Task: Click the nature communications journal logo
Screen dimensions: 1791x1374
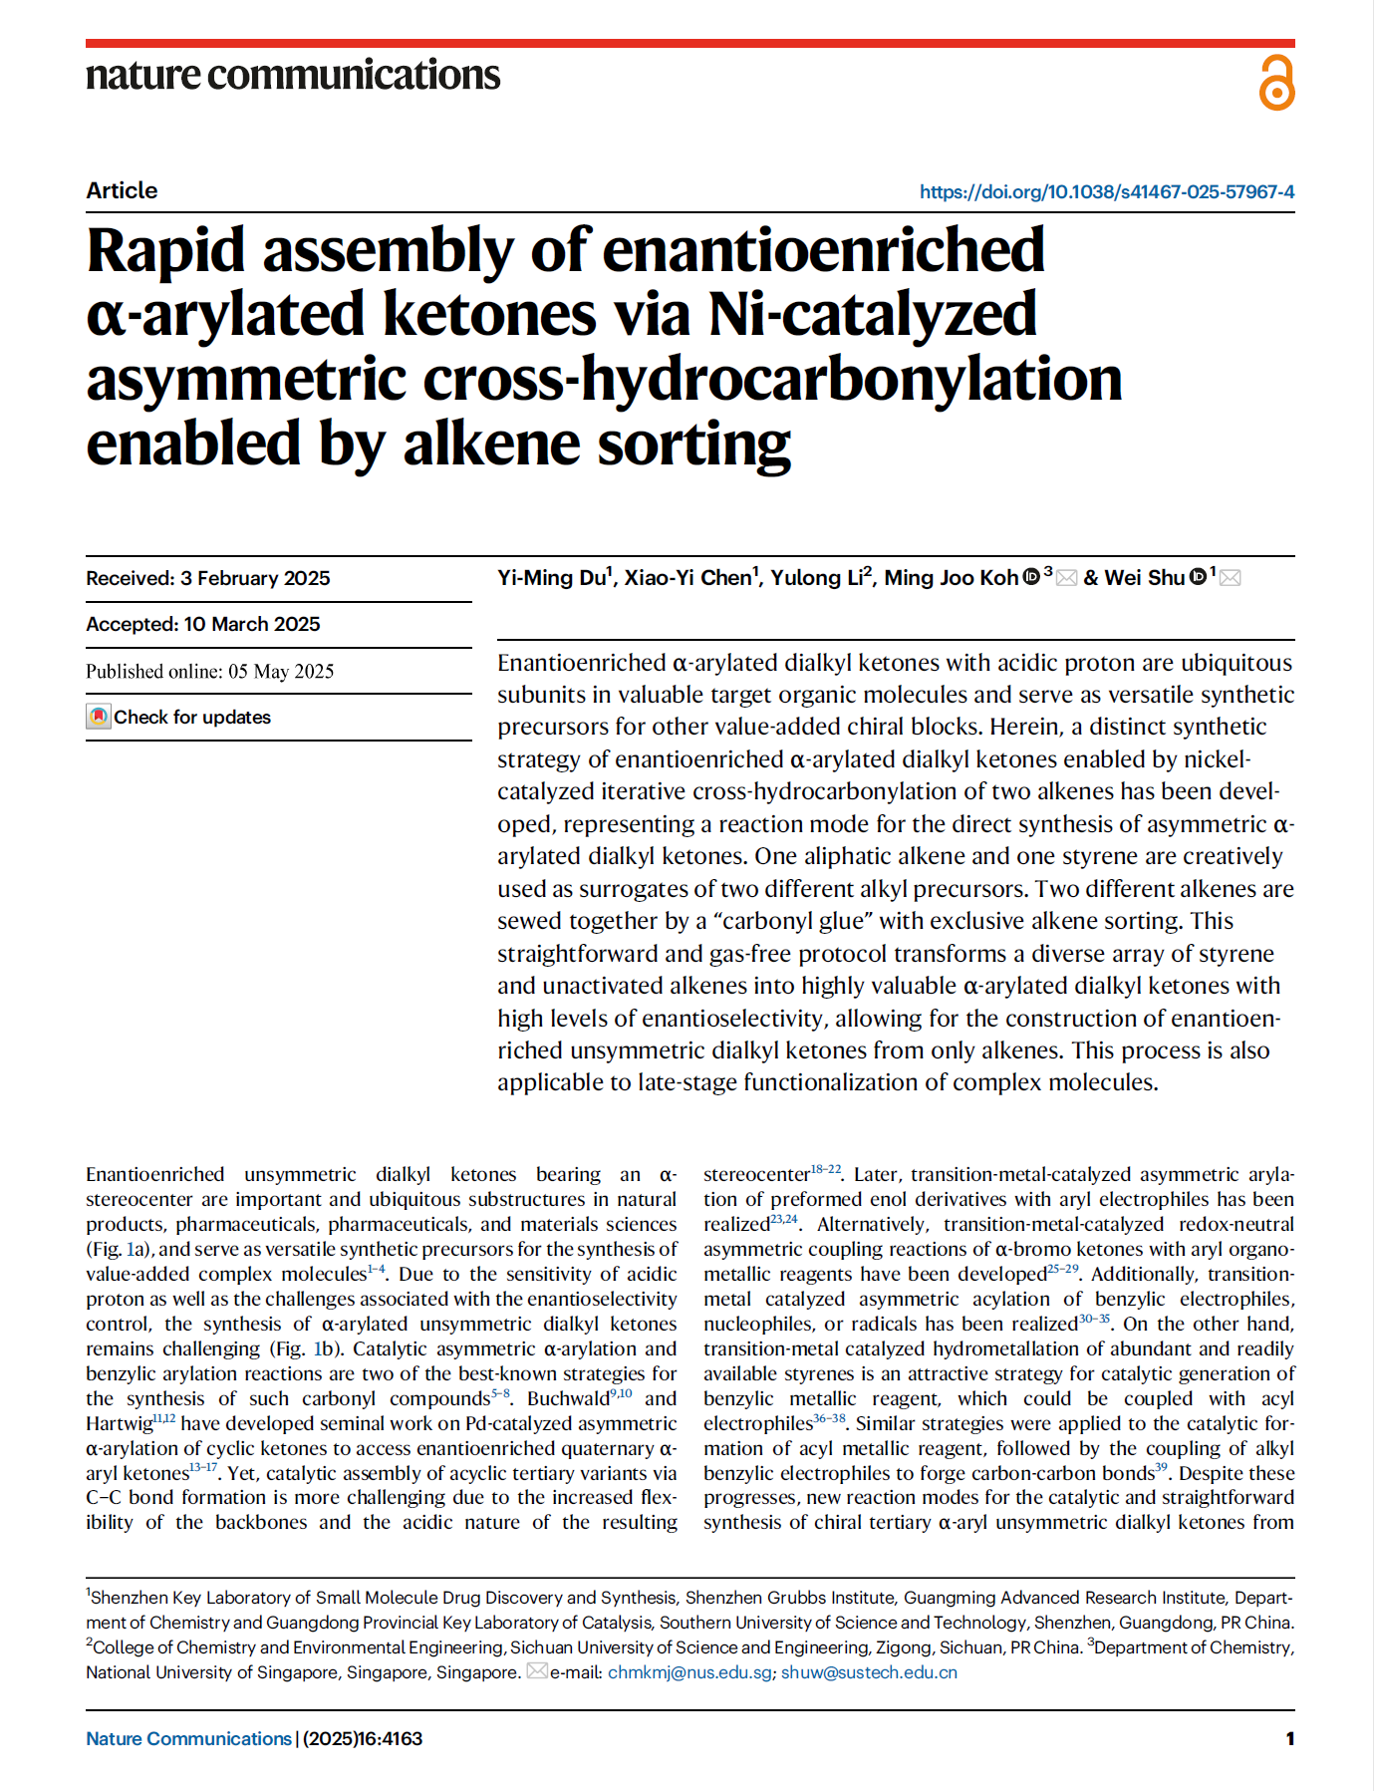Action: pyautogui.click(x=293, y=76)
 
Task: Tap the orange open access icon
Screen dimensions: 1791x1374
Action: pyautogui.click(x=1276, y=82)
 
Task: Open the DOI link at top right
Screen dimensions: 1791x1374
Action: pyautogui.click(x=1106, y=191)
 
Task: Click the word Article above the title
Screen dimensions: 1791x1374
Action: pyautogui.click(x=122, y=190)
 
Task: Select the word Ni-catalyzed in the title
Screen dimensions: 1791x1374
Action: pyautogui.click(x=872, y=315)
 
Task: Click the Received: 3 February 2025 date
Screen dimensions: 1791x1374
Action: pyautogui.click(x=208, y=578)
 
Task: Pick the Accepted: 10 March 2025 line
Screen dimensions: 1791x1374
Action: pyautogui.click(x=203, y=624)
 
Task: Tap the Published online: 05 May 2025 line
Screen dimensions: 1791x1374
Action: pyautogui.click(x=209, y=671)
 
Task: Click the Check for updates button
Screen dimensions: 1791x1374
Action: pyautogui.click(x=179, y=717)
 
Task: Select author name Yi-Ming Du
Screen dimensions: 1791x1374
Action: pyautogui.click(x=551, y=578)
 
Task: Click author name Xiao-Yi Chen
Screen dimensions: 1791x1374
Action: pyautogui.click(x=687, y=578)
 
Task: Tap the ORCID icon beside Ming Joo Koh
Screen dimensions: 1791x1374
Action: pyautogui.click(x=1032, y=576)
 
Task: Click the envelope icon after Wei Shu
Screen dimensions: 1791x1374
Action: pyautogui.click(x=1231, y=578)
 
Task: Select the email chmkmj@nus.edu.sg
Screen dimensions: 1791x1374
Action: pyautogui.click(x=689, y=1671)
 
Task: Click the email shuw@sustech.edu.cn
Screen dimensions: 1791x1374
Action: pyautogui.click(x=869, y=1671)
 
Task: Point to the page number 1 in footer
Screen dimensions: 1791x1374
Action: pyautogui.click(x=1290, y=1738)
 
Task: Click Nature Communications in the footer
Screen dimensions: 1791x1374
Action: pyautogui.click(x=188, y=1738)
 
